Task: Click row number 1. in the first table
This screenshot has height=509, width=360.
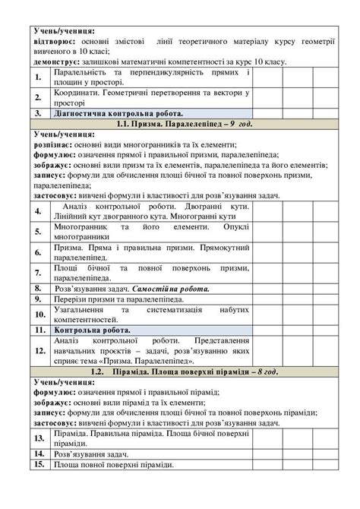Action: [38, 77]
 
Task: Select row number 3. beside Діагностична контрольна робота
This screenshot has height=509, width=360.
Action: [38, 111]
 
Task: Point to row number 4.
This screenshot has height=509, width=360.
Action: [38, 210]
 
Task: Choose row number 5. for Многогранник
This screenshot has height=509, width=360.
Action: [38, 232]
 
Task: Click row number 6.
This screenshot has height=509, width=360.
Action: [38, 252]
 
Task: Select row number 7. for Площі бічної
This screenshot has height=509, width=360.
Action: [38, 273]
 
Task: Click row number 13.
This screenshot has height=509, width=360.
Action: [38, 438]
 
